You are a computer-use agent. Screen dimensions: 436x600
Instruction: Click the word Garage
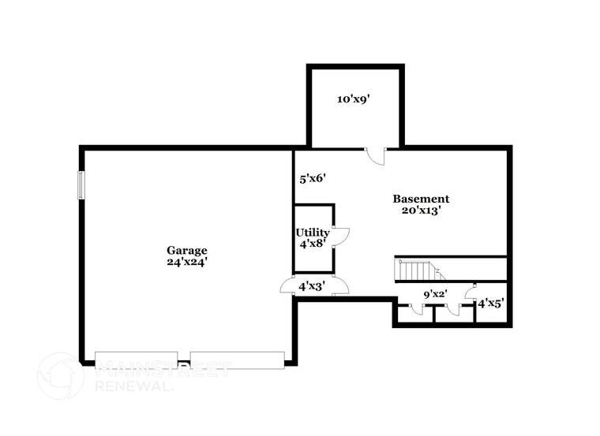coord(186,251)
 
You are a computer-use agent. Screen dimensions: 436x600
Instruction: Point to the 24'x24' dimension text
coord(187,263)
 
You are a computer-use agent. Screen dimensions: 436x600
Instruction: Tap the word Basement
coord(421,199)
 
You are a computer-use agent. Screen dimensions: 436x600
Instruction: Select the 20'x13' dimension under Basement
coord(421,211)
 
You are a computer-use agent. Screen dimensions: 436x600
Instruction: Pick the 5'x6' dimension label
coord(313,179)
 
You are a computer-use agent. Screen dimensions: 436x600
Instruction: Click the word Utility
coord(313,233)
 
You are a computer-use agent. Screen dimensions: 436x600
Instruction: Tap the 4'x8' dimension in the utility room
coord(313,244)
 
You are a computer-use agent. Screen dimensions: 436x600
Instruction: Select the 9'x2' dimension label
coord(434,294)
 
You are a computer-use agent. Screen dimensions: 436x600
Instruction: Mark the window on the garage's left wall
coord(80,186)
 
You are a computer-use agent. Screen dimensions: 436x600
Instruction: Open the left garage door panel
coord(136,360)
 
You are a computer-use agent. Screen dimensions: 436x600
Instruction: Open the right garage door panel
coord(237,360)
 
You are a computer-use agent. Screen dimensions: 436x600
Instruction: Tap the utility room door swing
coord(341,235)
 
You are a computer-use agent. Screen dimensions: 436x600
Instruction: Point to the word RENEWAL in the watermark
coord(129,386)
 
